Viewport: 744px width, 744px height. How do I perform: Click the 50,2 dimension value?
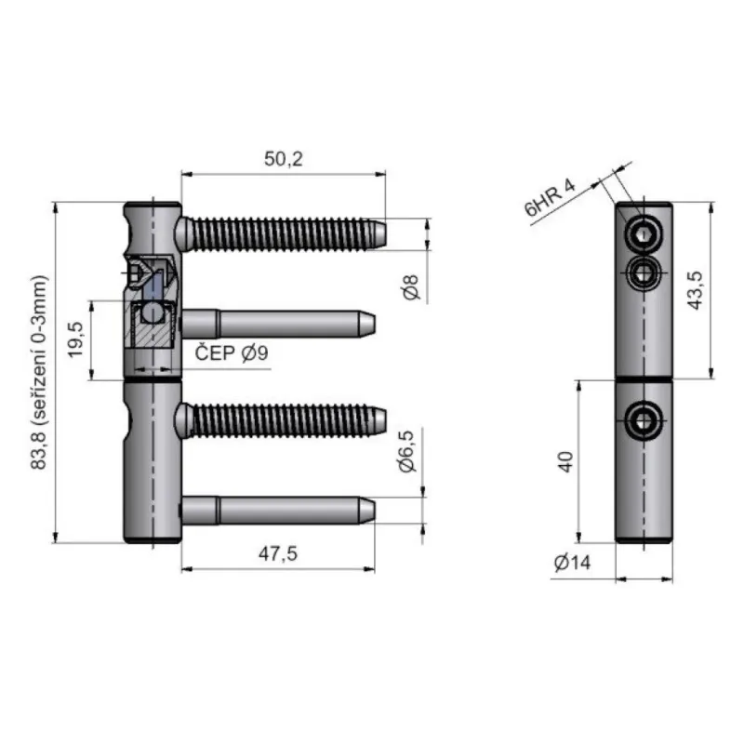point(284,159)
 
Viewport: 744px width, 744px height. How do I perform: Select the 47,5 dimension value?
point(278,553)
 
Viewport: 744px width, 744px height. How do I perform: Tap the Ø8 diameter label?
point(412,286)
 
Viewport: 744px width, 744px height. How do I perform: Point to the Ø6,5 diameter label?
point(407,451)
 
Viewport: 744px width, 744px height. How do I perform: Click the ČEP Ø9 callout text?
point(232,353)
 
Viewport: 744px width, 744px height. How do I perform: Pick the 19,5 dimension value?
point(75,339)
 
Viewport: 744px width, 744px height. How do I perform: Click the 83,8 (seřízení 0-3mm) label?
point(39,373)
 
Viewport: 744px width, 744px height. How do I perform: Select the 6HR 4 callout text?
point(550,197)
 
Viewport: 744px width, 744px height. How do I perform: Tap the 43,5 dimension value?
point(696,290)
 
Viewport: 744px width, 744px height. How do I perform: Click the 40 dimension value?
point(565,461)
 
